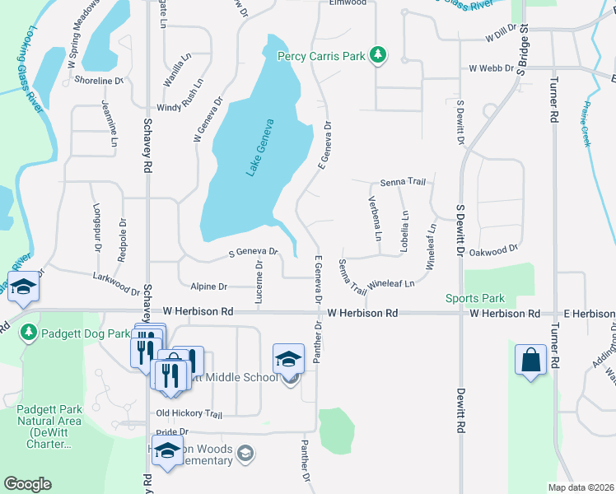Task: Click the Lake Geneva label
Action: (260, 147)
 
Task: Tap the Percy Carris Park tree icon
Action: (379, 54)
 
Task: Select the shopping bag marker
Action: (530, 360)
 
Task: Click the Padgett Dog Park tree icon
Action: (29, 332)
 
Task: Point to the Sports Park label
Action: (474, 298)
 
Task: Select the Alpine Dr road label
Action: (208, 287)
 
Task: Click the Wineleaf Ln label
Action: (390, 282)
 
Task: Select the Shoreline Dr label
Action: (98, 81)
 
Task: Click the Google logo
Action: (27, 484)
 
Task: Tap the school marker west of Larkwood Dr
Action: (24, 289)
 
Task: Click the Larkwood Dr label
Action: (116, 284)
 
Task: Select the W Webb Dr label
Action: (491, 68)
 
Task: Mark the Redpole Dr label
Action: (123, 239)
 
